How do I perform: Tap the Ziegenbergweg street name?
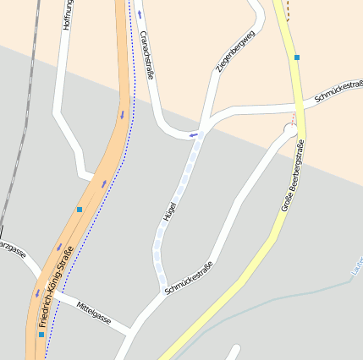[235, 52]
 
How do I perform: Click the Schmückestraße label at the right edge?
[338, 91]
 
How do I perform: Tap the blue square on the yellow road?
[297, 57]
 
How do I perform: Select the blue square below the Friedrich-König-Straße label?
[41, 335]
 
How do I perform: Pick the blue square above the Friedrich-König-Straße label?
[80, 209]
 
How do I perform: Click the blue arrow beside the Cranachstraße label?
[140, 15]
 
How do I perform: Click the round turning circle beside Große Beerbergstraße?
[289, 130]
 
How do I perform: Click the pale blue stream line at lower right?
[279, 297]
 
